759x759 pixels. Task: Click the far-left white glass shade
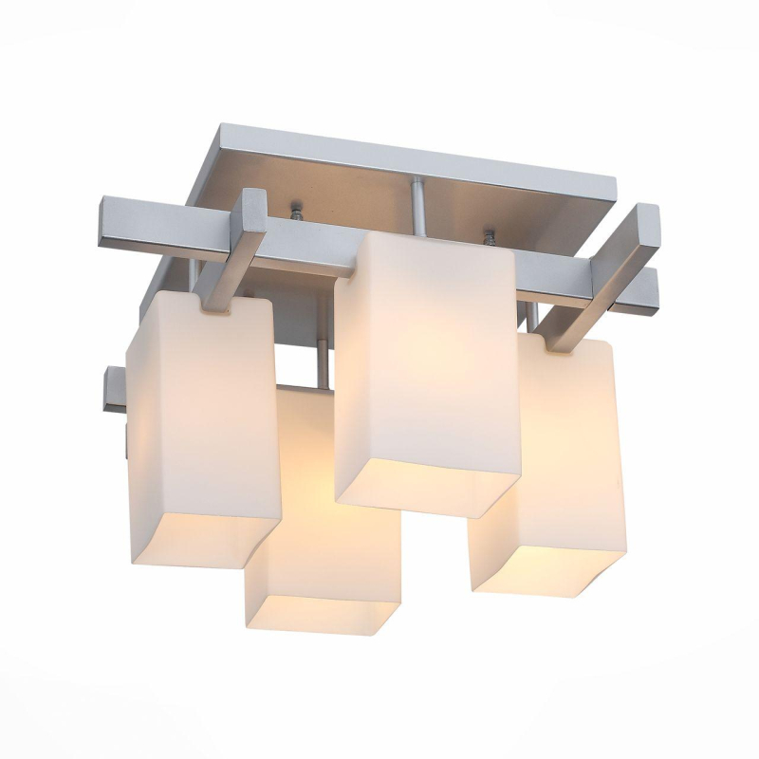(201, 417)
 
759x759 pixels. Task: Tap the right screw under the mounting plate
(491, 232)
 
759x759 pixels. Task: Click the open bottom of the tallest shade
(427, 489)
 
